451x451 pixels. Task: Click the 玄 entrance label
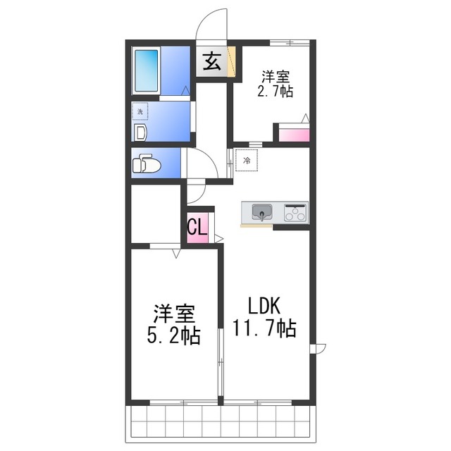(x=212, y=63)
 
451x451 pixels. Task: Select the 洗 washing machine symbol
(x=140, y=111)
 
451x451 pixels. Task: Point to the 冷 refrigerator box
(x=247, y=161)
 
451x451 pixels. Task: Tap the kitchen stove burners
(x=295, y=211)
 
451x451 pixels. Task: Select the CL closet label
(x=197, y=227)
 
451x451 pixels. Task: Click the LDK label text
(x=264, y=305)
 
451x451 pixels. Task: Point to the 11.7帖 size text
(x=264, y=328)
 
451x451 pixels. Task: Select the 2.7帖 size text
(x=276, y=91)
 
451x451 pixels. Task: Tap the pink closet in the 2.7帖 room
(x=293, y=135)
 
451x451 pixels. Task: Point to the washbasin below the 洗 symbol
(x=139, y=132)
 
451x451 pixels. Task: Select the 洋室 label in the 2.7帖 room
(x=276, y=75)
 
